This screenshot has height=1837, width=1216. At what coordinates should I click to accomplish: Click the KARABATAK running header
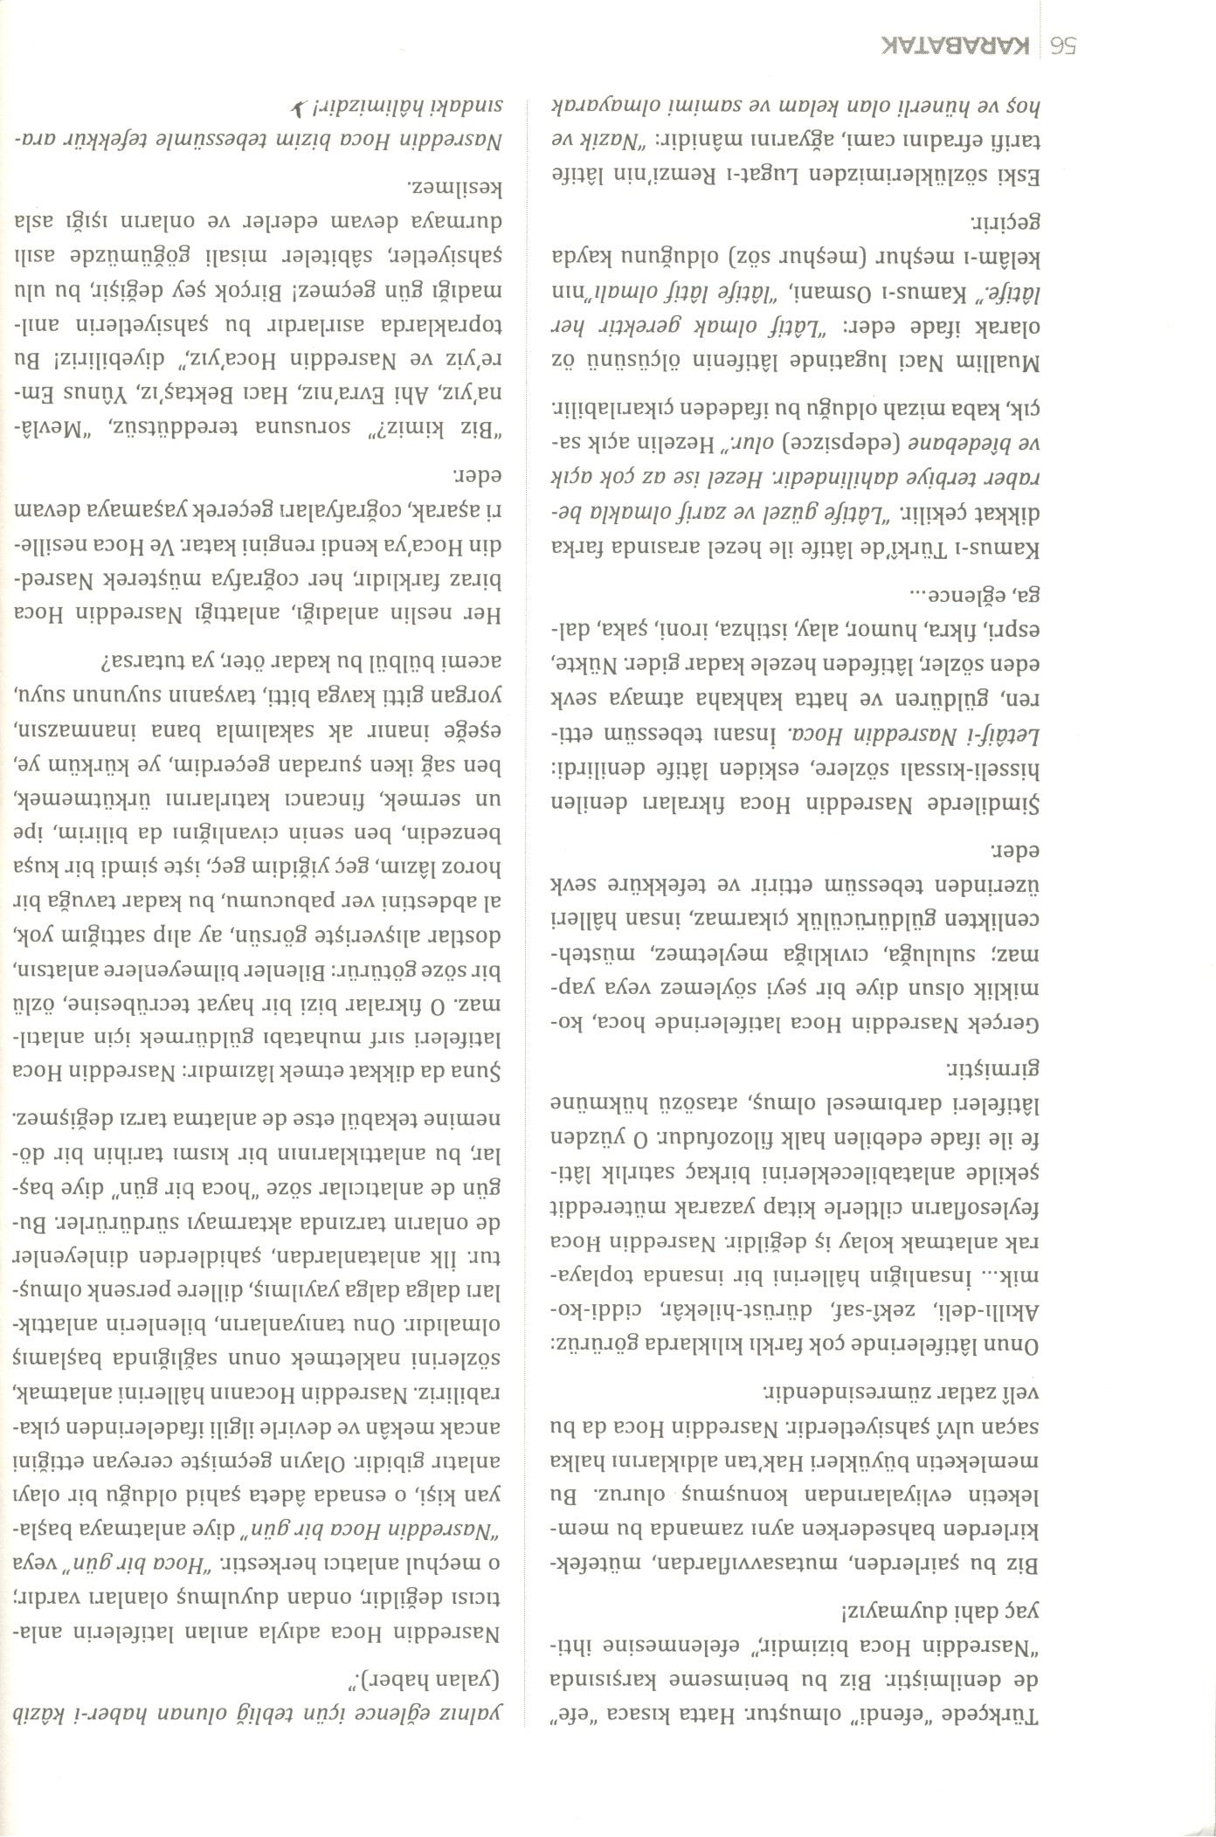(x=960, y=46)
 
